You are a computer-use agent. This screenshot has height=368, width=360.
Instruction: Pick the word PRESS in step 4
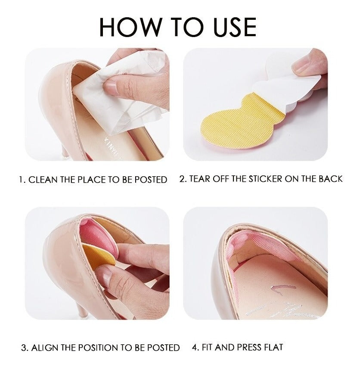click(249, 347)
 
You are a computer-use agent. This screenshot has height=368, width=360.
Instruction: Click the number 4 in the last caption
click(195, 347)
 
